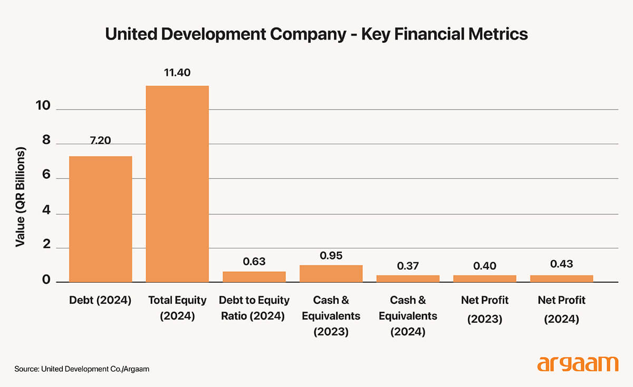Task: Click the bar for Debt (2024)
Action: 100,219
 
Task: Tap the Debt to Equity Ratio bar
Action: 254,276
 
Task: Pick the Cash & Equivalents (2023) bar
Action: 331,273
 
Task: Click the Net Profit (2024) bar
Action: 562,278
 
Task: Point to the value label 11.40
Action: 177,72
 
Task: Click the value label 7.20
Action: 100,141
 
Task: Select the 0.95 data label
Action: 331,256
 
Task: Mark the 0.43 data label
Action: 561,264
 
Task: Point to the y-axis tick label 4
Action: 46,213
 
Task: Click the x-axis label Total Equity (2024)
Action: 177,308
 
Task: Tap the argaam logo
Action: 577,364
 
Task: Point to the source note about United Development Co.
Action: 82,369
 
